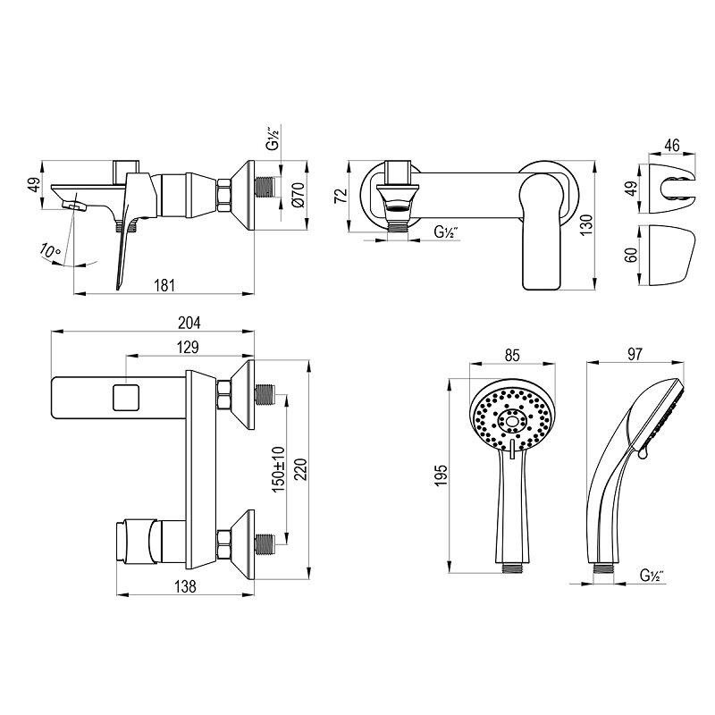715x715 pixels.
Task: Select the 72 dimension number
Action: [x=340, y=196]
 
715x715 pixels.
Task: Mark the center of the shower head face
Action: [x=513, y=420]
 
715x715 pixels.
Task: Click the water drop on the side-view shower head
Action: [x=642, y=455]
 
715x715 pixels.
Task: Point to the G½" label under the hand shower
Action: [x=651, y=576]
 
